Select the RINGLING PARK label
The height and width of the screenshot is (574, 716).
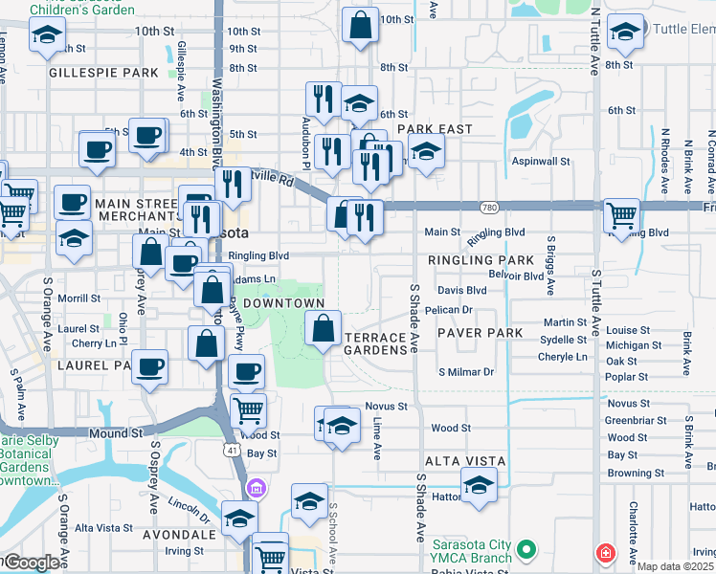tap(481, 260)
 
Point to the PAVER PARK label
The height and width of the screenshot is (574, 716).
tap(481, 333)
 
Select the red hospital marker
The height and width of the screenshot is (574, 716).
tap(605, 553)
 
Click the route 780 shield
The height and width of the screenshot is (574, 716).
tap(488, 207)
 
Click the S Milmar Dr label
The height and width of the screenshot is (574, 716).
tap(466, 372)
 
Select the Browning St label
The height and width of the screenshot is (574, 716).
tap(636, 473)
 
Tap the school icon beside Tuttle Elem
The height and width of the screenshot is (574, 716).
tap(625, 33)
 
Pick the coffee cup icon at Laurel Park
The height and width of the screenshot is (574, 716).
tap(148, 366)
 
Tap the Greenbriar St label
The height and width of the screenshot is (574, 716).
tap(635, 420)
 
